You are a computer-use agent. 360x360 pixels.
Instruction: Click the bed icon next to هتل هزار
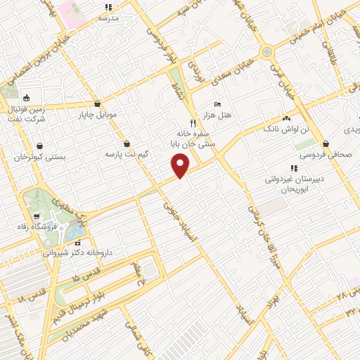click(x=217, y=103)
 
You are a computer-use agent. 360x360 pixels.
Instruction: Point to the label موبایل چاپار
click(x=115, y=113)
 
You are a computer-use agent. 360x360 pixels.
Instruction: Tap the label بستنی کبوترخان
click(x=40, y=157)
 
